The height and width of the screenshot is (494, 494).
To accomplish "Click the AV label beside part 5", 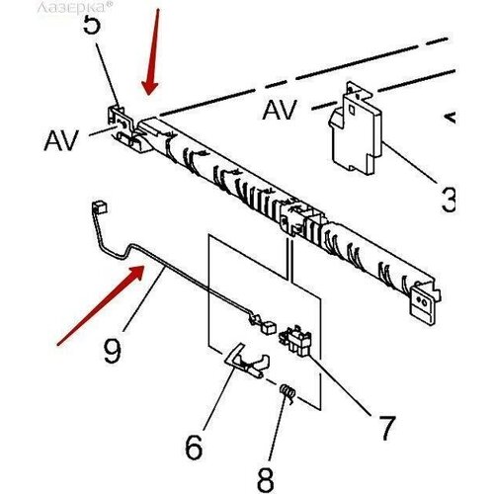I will point(61,141).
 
